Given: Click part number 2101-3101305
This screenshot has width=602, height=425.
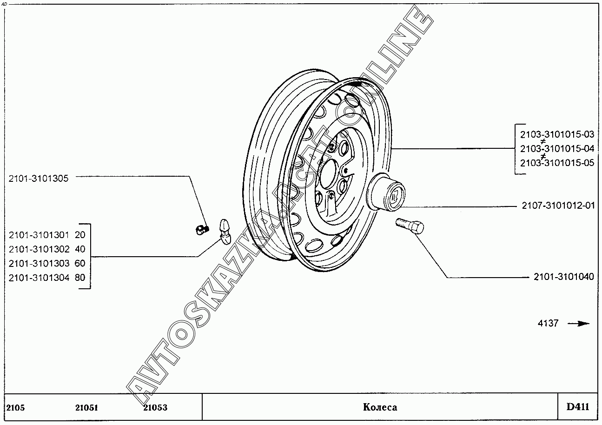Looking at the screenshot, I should [39, 178].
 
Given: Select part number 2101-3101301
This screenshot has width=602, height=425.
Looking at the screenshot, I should [39, 235].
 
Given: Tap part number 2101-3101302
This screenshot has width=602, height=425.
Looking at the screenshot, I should [39, 249].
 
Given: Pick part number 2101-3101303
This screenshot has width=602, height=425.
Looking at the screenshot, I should [39, 263].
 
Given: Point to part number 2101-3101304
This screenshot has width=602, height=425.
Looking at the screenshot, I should [39, 278].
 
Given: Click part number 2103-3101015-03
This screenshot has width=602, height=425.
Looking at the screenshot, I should [557, 134].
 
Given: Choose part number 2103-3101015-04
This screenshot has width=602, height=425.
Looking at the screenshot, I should [557, 149].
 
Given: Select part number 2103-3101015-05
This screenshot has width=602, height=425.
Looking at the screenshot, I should [557, 163].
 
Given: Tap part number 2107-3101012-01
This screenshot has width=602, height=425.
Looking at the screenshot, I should [557, 206].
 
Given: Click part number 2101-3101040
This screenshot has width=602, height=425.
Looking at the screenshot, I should [564, 277].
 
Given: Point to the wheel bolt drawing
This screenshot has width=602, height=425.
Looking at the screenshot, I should [410, 226].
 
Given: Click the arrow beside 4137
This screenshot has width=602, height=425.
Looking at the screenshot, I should [579, 324].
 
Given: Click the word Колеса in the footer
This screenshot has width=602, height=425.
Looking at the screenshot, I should [380, 407].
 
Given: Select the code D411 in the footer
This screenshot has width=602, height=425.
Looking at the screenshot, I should [577, 407].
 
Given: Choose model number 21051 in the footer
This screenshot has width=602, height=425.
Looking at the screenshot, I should [86, 408].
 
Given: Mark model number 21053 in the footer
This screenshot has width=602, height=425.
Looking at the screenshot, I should [155, 408].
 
